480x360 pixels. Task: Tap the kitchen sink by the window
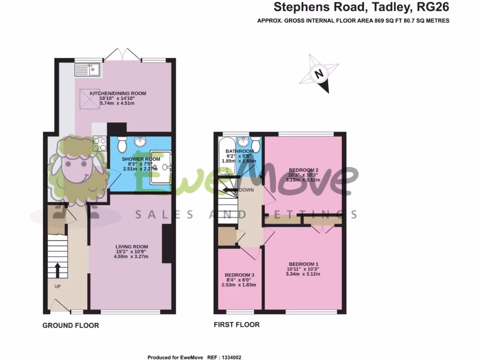pyautogui.click(x=88, y=70)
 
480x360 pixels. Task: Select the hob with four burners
pyautogui.click(x=99, y=142)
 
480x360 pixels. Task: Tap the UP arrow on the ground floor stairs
pyautogui.click(x=57, y=270)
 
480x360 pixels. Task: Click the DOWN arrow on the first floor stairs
pyautogui.click(x=230, y=190)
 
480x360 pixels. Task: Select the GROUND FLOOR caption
pyautogui.click(x=70, y=325)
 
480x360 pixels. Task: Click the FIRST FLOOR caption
pyautogui.click(x=236, y=324)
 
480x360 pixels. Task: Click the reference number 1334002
pyautogui.click(x=231, y=357)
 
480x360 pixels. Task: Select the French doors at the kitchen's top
pyautogui.click(x=122, y=56)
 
